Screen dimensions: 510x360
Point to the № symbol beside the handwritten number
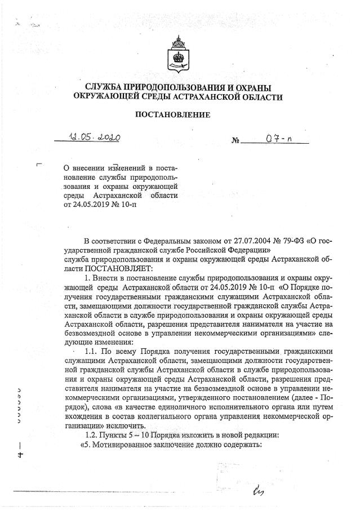(235, 140)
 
